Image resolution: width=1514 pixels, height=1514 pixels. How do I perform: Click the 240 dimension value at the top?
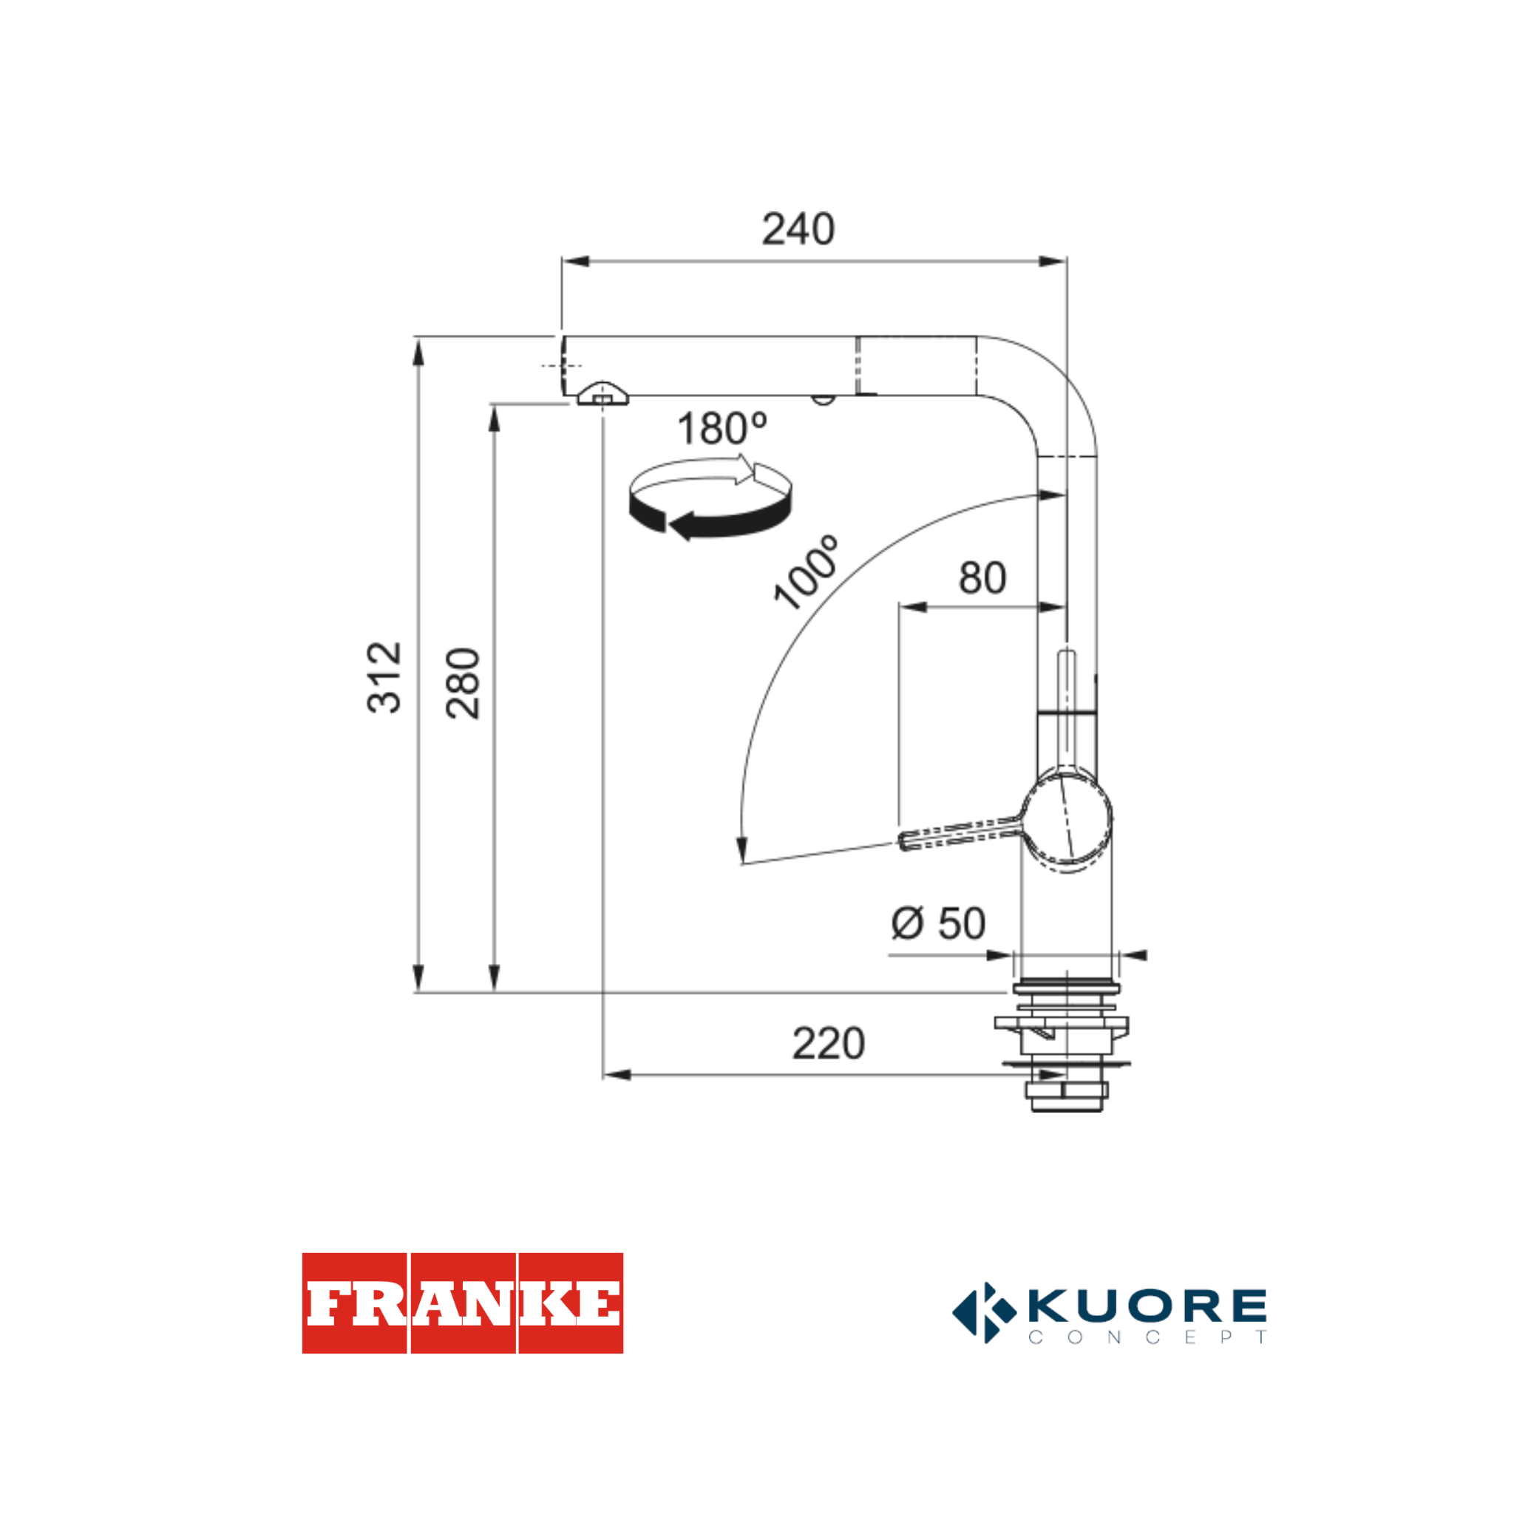pos(798,230)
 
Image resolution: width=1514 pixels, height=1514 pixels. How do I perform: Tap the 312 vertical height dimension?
pos(384,678)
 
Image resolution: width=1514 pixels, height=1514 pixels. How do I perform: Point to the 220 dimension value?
pos(828,1044)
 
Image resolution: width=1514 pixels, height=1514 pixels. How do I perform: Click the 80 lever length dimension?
pos(982,578)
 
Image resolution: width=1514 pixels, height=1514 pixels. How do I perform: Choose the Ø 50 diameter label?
pos(938,923)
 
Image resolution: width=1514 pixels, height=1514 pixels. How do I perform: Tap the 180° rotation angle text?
pos(722,429)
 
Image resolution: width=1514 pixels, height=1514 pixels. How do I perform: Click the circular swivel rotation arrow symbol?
pos(710,499)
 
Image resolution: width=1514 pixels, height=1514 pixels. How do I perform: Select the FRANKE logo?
pos(462,1303)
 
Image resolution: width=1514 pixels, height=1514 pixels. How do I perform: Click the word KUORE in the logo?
pos(1147,1305)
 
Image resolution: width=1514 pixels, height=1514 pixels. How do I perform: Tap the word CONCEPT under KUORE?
pos(1147,1337)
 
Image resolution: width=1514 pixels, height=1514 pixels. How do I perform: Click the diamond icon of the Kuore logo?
pos(984,1313)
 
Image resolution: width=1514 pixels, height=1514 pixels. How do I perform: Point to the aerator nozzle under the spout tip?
pos(602,395)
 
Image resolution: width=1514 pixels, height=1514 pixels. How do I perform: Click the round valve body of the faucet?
pos(1067,821)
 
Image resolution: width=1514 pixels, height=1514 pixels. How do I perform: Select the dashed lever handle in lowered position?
pos(961,833)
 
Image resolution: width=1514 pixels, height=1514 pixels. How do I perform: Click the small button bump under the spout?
pos(822,400)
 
